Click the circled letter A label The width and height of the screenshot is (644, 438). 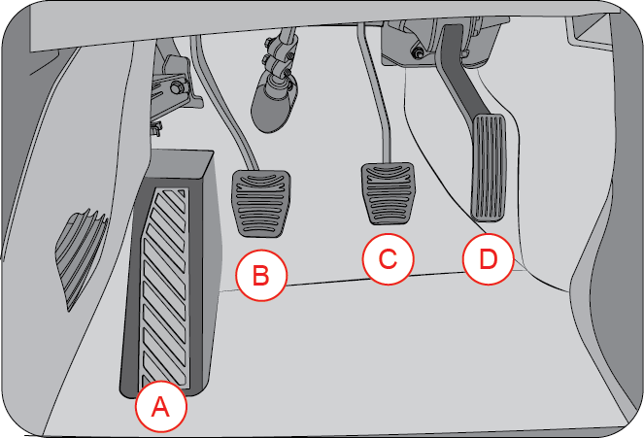(x=161, y=408)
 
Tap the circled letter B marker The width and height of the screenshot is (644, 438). (x=260, y=275)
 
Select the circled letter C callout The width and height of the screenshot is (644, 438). (x=388, y=259)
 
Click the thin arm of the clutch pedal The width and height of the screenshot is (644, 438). (x=220, y=107)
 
